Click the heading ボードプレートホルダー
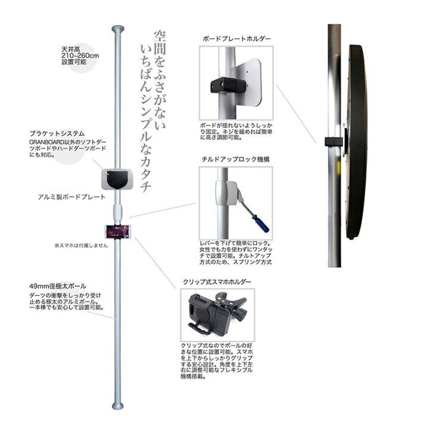[237, 38]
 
